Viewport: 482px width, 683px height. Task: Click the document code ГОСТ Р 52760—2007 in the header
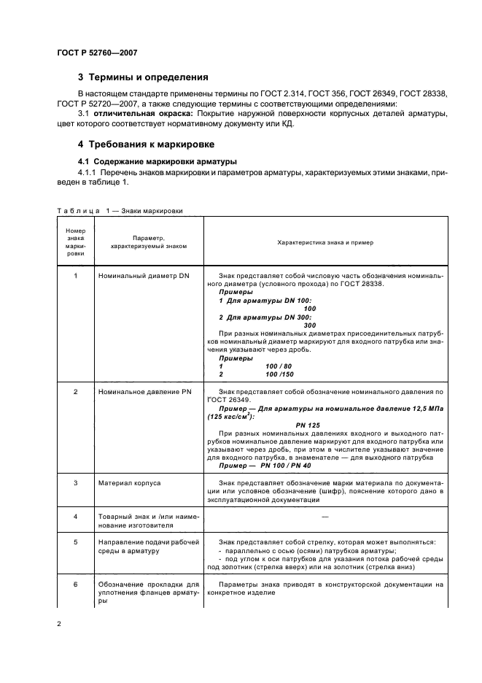(x=96, y=53)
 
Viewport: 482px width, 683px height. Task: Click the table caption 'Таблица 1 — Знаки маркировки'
(x=120, y=210)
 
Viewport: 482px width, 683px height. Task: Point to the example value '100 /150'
(x=280, y=374)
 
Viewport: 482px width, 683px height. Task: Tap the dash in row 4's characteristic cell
(x=324, y=517)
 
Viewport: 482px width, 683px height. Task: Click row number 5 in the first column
(x=76, y=543)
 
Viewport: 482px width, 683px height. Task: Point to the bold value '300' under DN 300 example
(x=309, y=325)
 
